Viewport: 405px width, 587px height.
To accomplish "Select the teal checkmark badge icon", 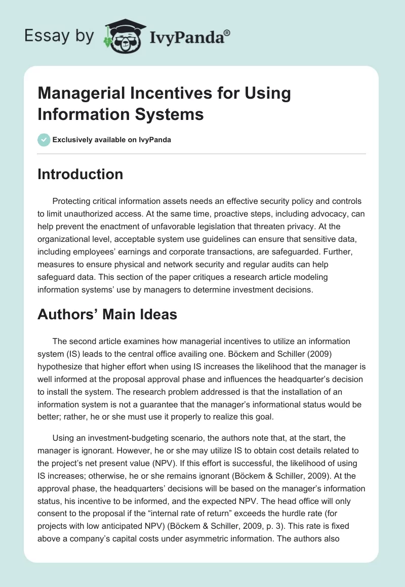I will [x=44, y=140].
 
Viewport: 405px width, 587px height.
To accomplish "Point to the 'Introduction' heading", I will [x=80, y=175].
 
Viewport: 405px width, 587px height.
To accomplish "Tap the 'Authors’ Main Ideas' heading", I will [x=107, y=315].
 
